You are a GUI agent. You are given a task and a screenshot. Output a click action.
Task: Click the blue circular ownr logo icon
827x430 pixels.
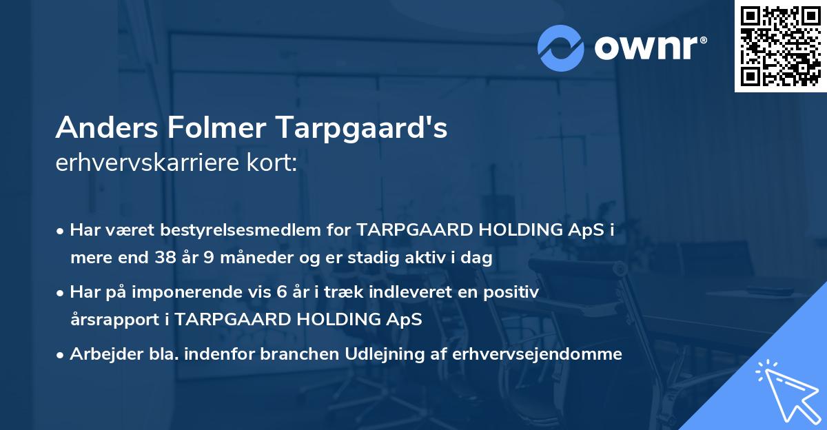coord(561,48)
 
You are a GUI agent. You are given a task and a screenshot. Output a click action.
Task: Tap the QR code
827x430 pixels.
coord(780,45)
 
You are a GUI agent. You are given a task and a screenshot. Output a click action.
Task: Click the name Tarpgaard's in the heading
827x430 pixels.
coord(362,128)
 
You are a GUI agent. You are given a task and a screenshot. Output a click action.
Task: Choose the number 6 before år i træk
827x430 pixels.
coord(281,292)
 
